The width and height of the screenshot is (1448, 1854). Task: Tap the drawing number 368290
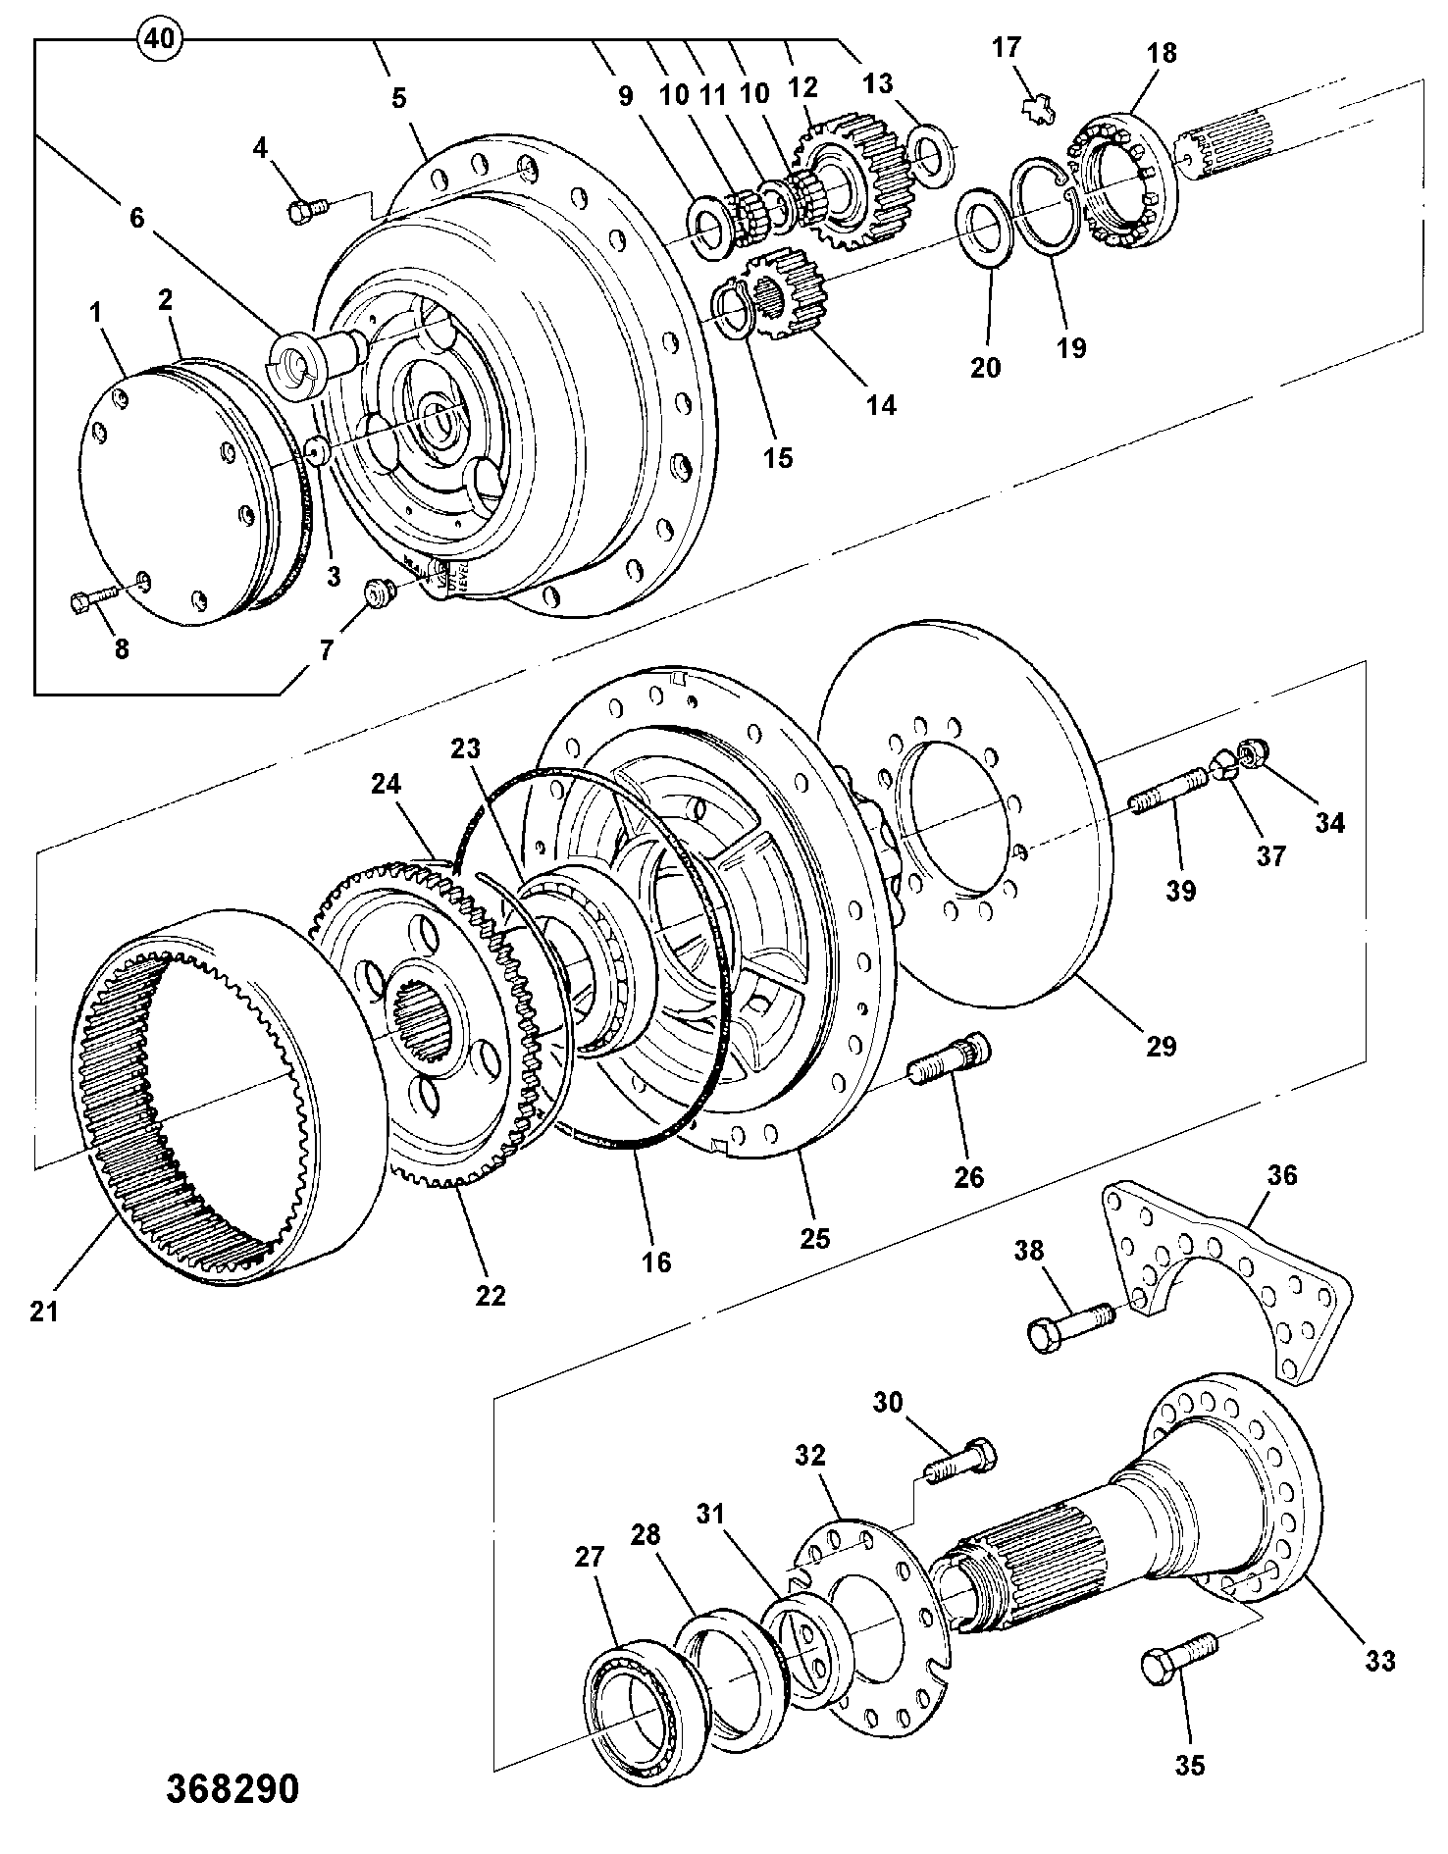pyautogui.click(x=231, y=1788)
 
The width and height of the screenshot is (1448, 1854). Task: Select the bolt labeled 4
pyautogui.click(x=307, y=209)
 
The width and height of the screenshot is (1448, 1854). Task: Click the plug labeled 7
pyautogui.click(x=378, y=593)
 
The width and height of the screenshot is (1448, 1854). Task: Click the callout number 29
pyautogui.click(x=1161, y=1045)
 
